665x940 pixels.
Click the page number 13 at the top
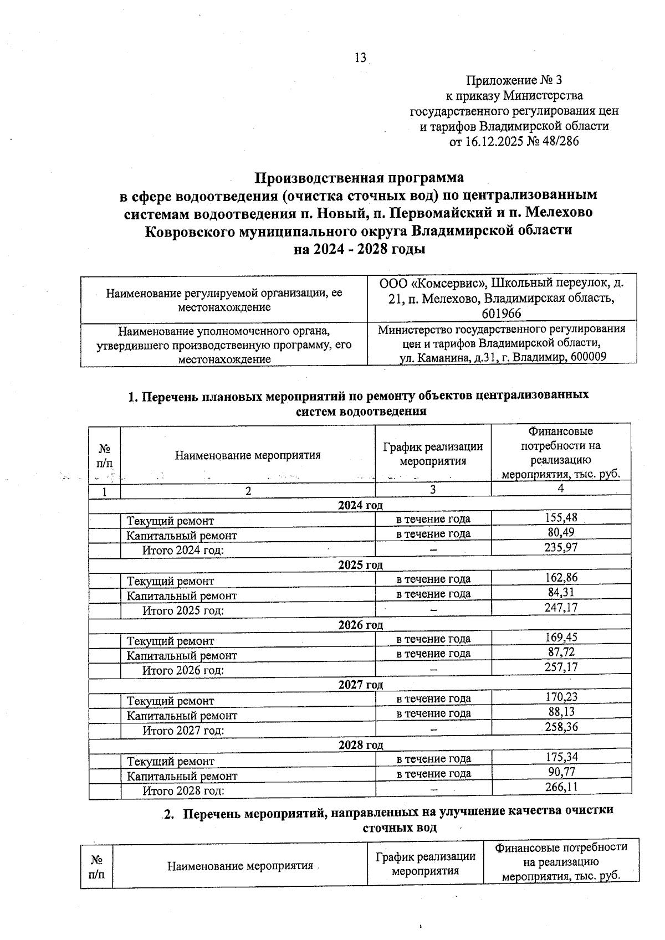click(360, 58)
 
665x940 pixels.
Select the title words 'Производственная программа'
click(359, 178)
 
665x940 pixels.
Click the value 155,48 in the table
click(561, 517)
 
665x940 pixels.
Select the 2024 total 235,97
click(561, 547)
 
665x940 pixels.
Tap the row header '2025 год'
click(360, 564)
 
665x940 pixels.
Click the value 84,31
click(561, 592)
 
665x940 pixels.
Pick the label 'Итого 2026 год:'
click(183, 670)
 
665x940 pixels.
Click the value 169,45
click(561, 637)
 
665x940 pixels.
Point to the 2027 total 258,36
click(561, 727)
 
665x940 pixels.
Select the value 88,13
click(561, 712)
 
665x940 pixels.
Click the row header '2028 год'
click(360, 744)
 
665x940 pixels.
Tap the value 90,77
click(561, 772)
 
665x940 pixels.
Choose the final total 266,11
click(561, 787)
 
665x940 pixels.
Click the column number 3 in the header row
click(432, 489)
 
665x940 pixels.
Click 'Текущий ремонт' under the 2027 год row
click(170, 701)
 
